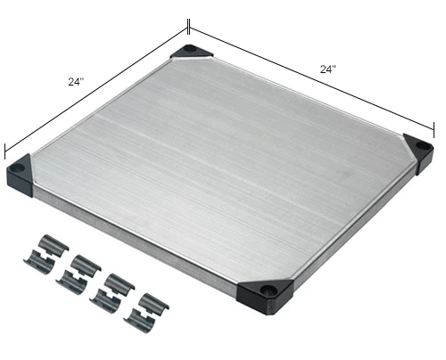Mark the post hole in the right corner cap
(x=420, y=148)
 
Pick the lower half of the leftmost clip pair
(x=40, y=258)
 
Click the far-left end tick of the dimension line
(x=6, y=150)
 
